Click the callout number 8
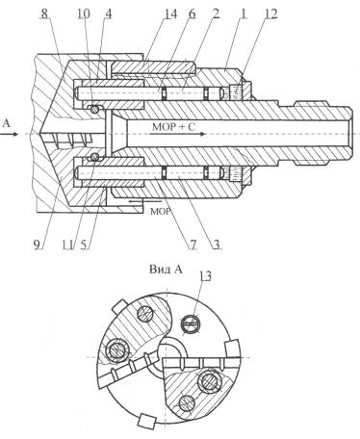44,14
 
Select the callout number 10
84,14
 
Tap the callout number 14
169,14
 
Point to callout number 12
271,14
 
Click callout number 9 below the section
38,245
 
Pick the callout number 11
67,245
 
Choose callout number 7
193,245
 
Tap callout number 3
217,245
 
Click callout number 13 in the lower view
205,276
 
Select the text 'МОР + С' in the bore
173,127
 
